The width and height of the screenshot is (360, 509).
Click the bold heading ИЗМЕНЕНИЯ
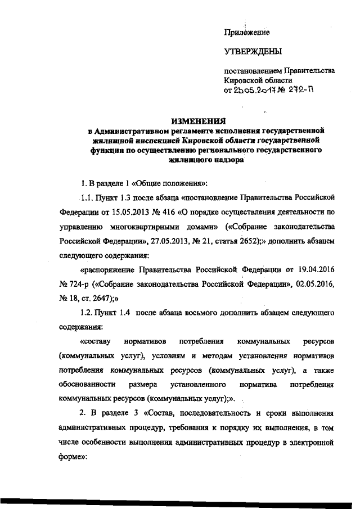[x=198, y=121]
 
